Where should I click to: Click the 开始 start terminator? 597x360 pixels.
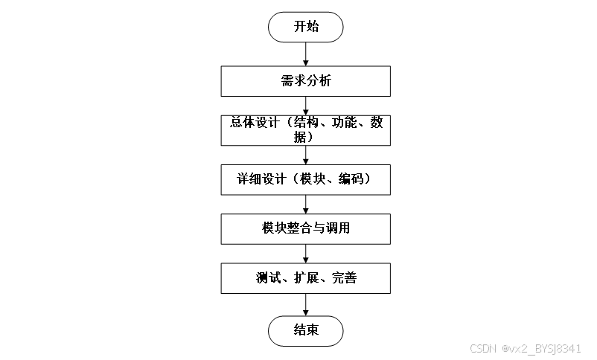[305, 27]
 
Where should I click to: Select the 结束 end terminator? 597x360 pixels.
[305, 330]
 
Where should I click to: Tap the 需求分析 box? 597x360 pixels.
[305, 81]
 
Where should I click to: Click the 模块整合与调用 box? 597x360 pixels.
[305, 228]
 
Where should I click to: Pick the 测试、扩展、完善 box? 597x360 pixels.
[305, 278]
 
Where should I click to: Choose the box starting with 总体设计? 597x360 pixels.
[305, 130]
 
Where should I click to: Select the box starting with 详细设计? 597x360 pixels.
[305, 179]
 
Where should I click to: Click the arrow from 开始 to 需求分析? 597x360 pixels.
[305, 54]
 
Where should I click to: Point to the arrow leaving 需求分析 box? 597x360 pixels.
[305, 106]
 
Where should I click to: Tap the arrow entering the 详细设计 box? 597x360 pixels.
[305, 155]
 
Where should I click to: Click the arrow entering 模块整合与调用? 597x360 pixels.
[305, 205]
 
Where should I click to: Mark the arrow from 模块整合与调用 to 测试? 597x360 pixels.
[305, 254]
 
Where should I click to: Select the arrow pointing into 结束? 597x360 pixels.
[305, 304]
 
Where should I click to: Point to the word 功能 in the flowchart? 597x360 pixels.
[348, 123]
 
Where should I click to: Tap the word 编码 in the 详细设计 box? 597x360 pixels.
[347, 179]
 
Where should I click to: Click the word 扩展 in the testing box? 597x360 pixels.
[307, 278]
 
